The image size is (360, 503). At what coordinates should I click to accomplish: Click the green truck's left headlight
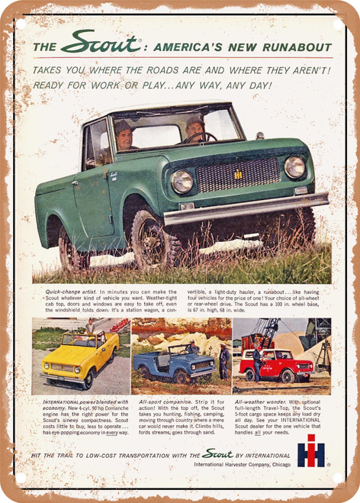pos(182,181)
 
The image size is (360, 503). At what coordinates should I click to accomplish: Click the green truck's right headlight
pos(294,166)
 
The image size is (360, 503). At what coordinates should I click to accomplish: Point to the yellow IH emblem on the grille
pos(238,175)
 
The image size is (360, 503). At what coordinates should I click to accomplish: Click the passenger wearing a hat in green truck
pos(124,135)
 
